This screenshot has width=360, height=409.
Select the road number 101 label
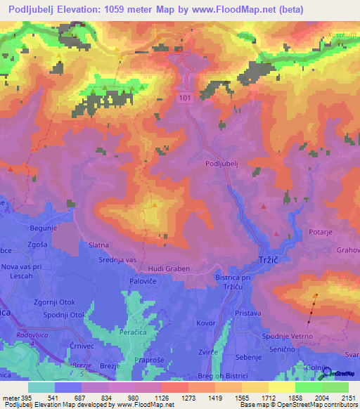184,98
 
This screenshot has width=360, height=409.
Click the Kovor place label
205,323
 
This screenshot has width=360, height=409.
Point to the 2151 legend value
349,397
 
